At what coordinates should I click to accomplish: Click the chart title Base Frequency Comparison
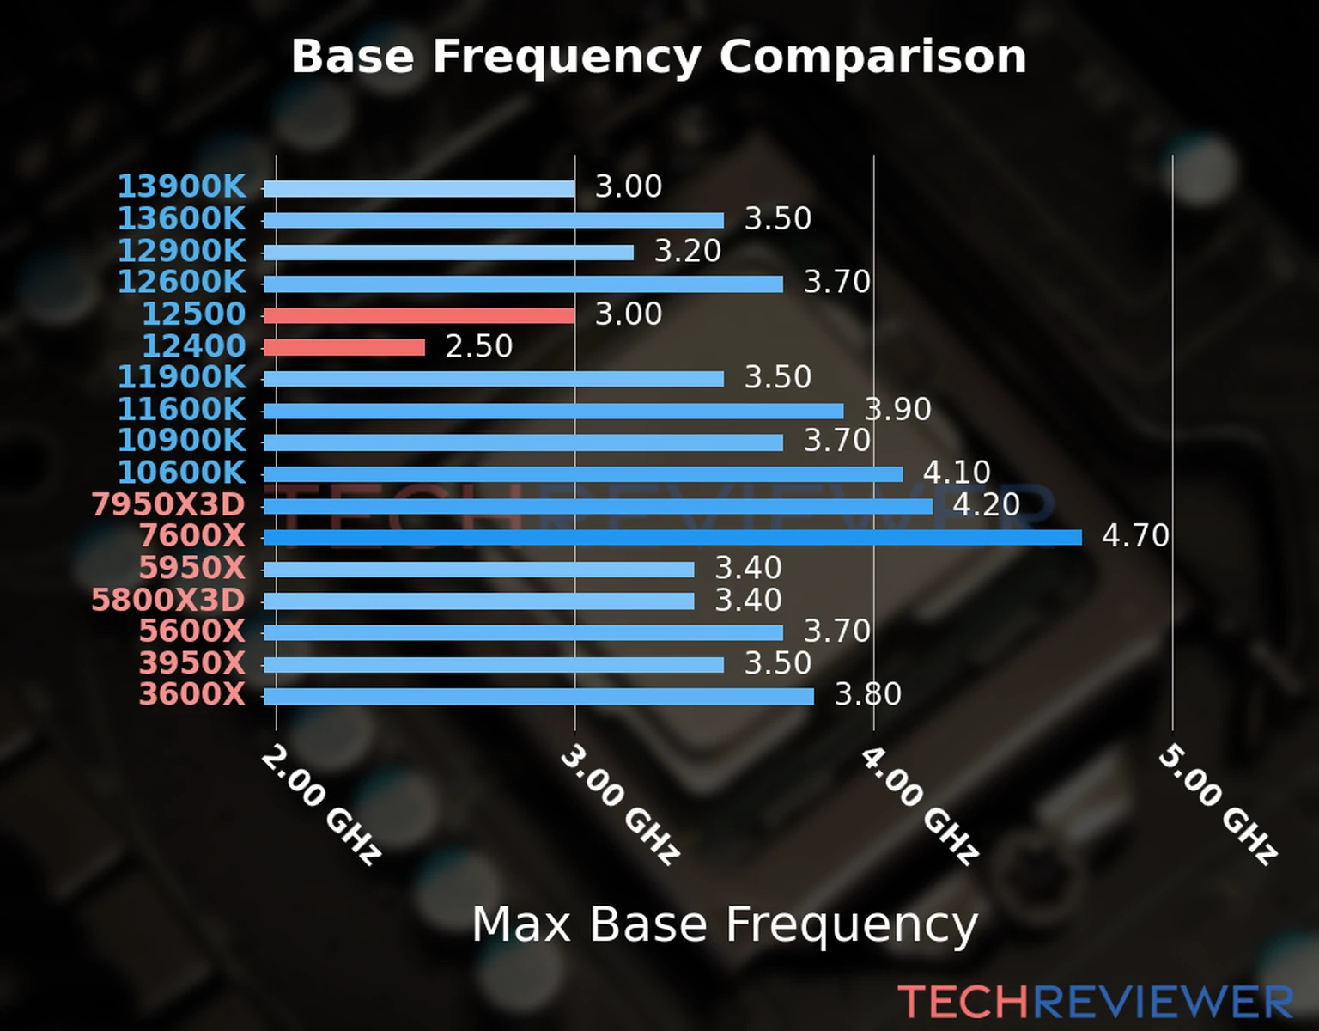(659, 57)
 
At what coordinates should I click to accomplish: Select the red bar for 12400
(343, 347)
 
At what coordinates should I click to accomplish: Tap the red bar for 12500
(419, 315)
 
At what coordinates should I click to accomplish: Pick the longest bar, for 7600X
(672, 538)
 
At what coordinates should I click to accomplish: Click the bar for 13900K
(419, 188)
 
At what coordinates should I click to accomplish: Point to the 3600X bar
(538, 696)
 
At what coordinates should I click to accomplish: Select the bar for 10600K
(583, 474)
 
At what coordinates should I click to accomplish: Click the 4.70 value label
(1135, 536)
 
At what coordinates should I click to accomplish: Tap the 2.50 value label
(478, 346)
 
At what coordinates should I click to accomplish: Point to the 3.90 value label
(897, 409)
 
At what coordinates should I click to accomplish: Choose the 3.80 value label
(867, 694)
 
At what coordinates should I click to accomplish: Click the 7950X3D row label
(168, 505)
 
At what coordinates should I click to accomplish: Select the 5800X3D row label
(168, 600)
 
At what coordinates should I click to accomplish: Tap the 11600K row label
(181, 409)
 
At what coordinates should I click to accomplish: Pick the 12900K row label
(181, 251)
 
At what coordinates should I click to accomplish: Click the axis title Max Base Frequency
(725, 924)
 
